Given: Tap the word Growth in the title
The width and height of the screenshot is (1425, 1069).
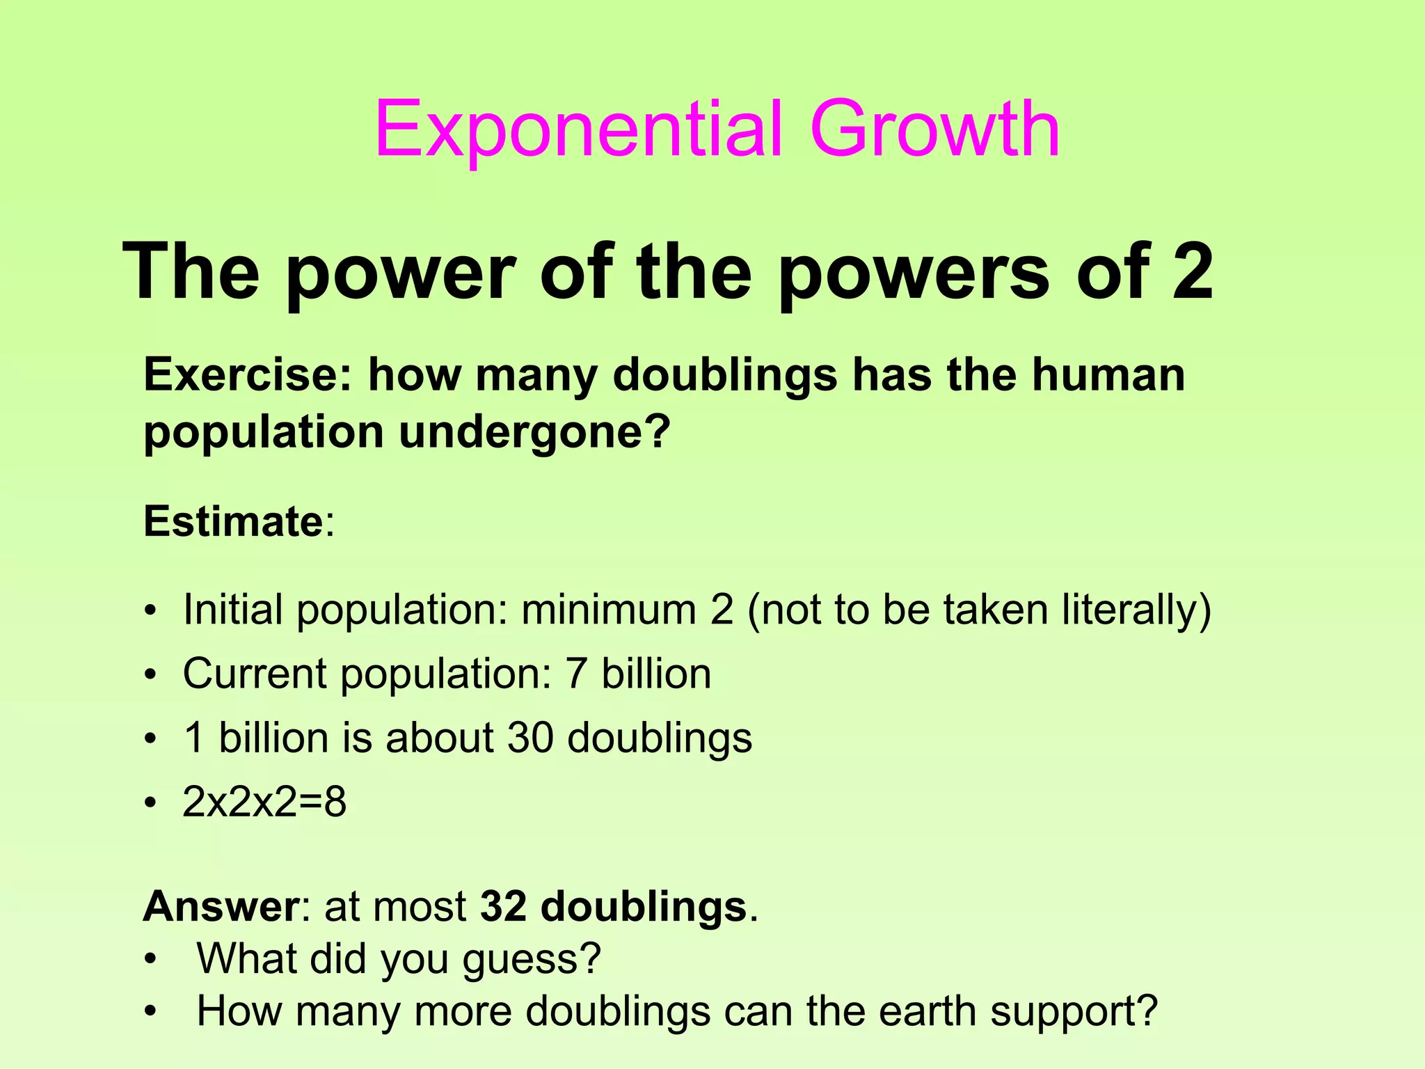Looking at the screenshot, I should click(x=934, y=130).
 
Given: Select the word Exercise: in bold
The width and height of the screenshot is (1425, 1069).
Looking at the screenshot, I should click(x=248, y=375).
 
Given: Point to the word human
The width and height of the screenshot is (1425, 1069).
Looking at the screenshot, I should click(x=1108, y=375).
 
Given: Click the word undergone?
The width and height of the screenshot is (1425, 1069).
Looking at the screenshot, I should click(x=535, y=432).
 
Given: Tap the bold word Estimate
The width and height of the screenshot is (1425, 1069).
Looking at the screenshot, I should click(x=233, y=521).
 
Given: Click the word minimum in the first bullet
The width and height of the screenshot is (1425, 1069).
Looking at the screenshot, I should click(x=609, y=610).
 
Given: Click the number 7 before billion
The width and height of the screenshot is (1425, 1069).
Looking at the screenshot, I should click(x=576, y=674).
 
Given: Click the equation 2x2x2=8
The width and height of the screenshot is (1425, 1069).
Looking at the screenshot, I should click(x=264, y=802).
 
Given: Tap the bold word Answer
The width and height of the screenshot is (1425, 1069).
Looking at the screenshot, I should click(x=221, y=907).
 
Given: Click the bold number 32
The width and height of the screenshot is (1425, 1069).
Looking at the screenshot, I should click(x=503, y=907).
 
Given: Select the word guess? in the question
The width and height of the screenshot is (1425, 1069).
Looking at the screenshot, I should click(x=531, y=959).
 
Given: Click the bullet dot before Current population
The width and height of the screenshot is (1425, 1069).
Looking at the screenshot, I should click(x=150, y=675).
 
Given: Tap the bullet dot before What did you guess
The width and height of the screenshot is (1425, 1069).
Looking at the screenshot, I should click(x=150, y=960).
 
